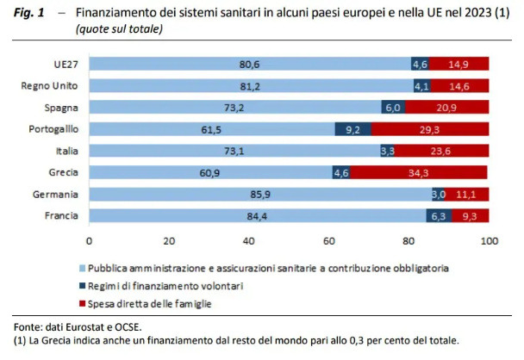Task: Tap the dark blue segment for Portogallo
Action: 353,129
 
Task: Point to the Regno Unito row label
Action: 52,86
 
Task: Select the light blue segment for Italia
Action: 234,151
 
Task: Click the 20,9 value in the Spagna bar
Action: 447,108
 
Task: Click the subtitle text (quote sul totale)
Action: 119,29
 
